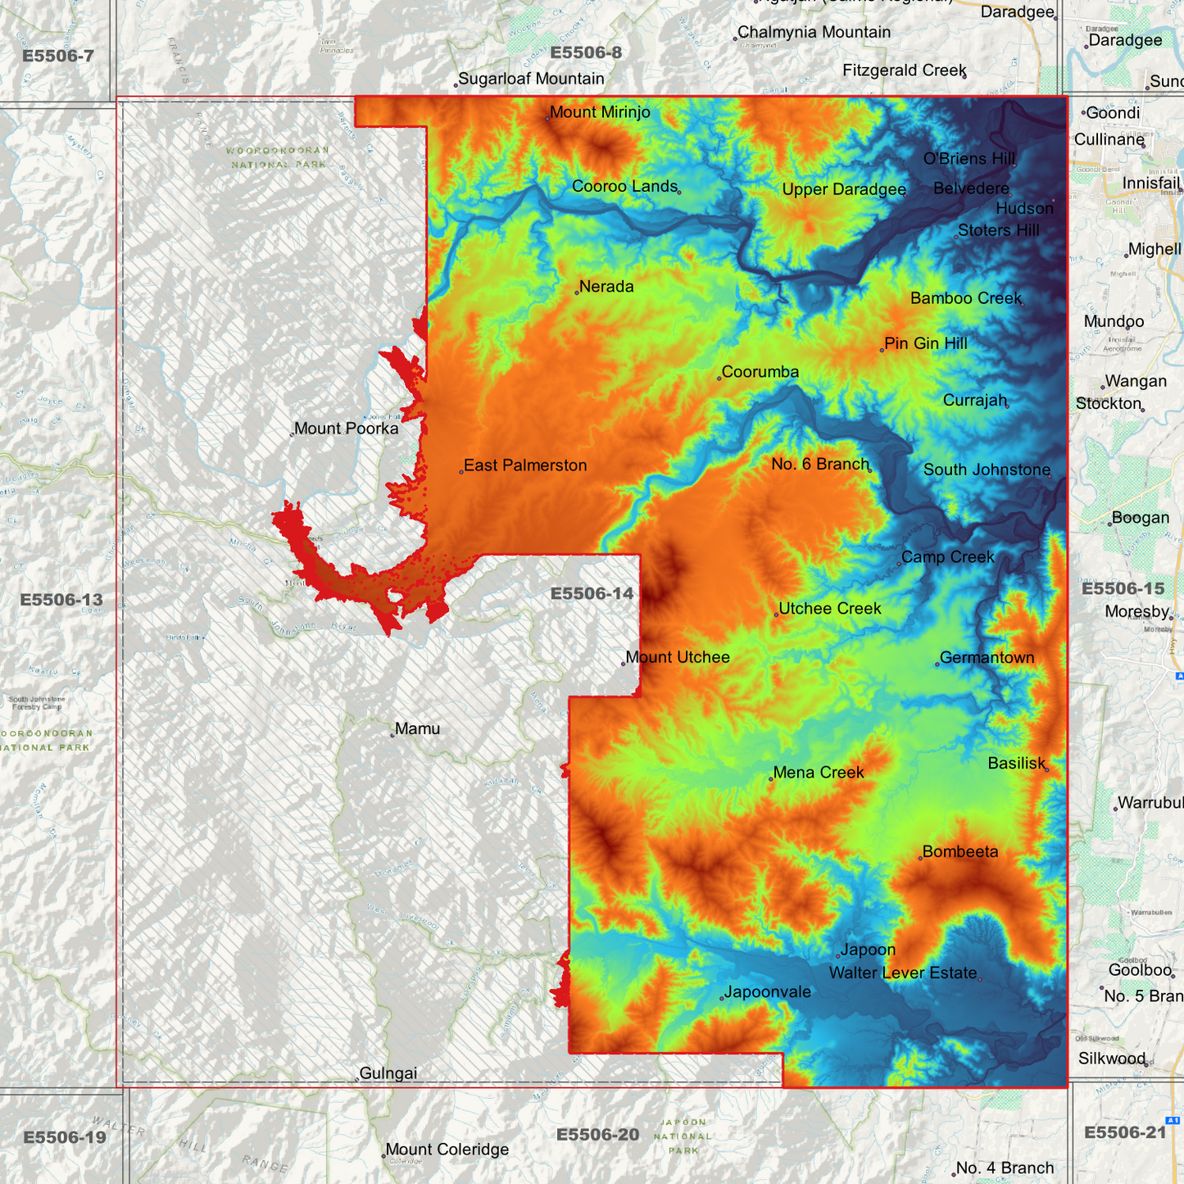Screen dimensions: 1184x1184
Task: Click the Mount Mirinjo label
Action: (600, 112)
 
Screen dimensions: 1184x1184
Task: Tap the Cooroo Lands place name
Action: (624, 186)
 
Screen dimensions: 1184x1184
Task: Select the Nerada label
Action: (606, 287)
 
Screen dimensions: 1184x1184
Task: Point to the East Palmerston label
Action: (525, 465)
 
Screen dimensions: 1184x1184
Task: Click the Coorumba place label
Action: (760, 372)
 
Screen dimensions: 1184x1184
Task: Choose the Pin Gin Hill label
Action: (926, 343)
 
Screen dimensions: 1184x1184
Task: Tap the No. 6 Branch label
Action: (819, 464)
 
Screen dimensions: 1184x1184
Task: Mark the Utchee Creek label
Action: (830, 609)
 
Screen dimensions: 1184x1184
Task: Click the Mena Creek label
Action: (819, 773)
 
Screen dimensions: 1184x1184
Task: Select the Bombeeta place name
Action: (960, 851)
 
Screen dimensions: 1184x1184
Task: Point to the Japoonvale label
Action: (768, 992)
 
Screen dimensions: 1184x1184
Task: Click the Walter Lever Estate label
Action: (903, 973)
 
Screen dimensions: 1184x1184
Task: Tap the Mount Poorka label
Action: (346, 429)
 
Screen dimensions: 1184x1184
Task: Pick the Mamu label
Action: (417, 728)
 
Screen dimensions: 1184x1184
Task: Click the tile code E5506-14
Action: (592, 593)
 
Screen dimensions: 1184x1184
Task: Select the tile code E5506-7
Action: (58, 56)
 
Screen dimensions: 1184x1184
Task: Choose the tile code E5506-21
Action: (1124, 1132)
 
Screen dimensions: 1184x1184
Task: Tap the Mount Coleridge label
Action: (447, 1150)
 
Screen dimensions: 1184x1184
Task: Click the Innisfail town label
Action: (1151, 183)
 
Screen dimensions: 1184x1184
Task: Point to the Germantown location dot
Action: (937, 665)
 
